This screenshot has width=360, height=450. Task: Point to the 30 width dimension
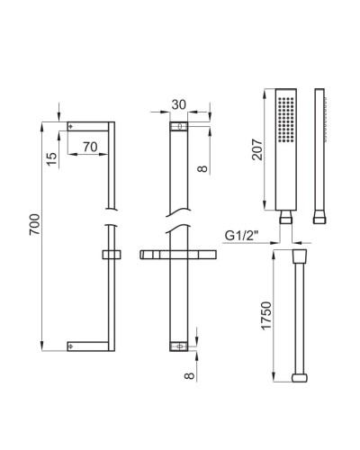point(179,105)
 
